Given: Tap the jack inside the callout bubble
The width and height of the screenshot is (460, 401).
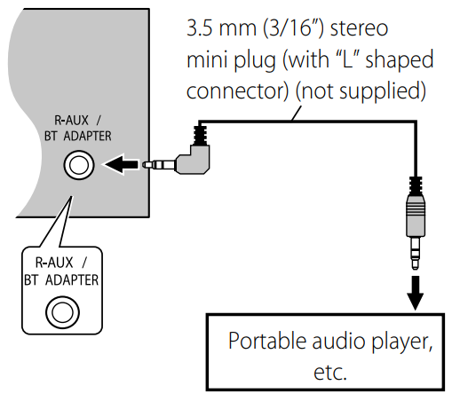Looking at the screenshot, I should click(62, 311).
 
